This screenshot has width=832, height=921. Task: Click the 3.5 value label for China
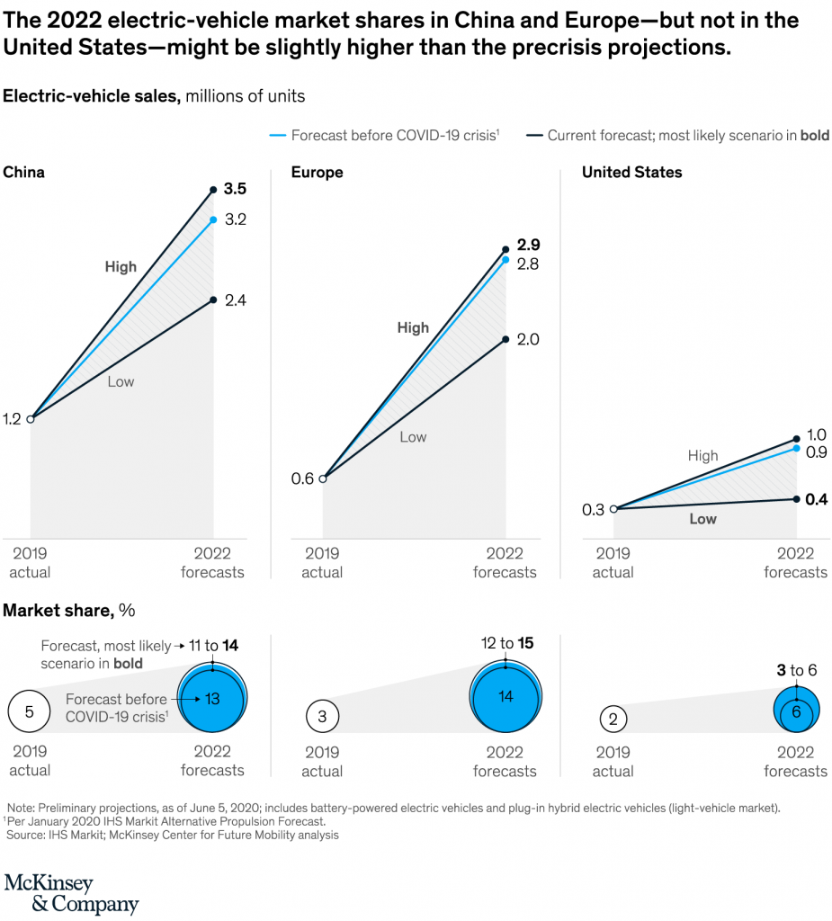point(235,189)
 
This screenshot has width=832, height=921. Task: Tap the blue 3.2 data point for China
point(213,219)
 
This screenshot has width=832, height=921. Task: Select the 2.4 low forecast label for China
point(235,300)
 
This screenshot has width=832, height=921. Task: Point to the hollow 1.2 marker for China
point(31,419)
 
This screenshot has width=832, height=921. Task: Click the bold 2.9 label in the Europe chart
point(528,246)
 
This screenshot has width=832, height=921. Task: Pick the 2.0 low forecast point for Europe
point(505,339)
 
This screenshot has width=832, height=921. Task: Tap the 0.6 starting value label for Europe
point(302,478)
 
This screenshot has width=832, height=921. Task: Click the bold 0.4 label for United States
point(817,499)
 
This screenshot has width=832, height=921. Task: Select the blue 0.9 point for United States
point(796,448)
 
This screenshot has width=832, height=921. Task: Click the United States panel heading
point(631,172)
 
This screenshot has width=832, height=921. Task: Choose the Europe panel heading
point(317,172)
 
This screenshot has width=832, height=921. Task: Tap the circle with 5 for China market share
point(29,711)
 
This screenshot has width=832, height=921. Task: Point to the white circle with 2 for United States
point(613,719)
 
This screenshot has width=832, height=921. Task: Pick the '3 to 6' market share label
point(795,669)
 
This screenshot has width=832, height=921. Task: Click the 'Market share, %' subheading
point(69,610)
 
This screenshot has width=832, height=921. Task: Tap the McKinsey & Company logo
point(72,893)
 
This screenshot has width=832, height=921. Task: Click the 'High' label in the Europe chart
point(413,328)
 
